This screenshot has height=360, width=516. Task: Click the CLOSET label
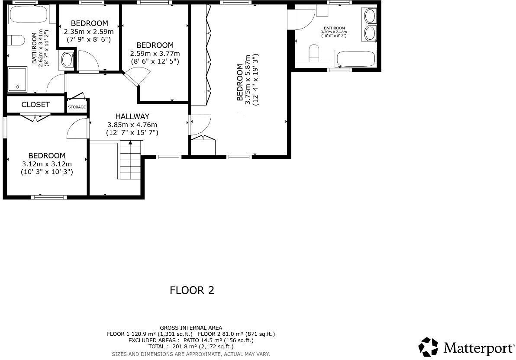(35, 105)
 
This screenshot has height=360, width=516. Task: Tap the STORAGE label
(77, 107)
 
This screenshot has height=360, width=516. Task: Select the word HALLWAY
(132, 116)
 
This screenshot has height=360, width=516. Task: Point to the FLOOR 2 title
(192, 290)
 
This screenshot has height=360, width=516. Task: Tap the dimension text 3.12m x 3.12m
(47, 164)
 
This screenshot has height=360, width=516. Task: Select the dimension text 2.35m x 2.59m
(89, 32)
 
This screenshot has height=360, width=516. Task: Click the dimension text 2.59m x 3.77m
(155, 54)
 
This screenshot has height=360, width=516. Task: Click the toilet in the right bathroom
(313, 54)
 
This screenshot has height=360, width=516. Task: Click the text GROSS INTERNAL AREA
(191, 328)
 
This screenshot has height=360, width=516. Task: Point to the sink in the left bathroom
(67, 60)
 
